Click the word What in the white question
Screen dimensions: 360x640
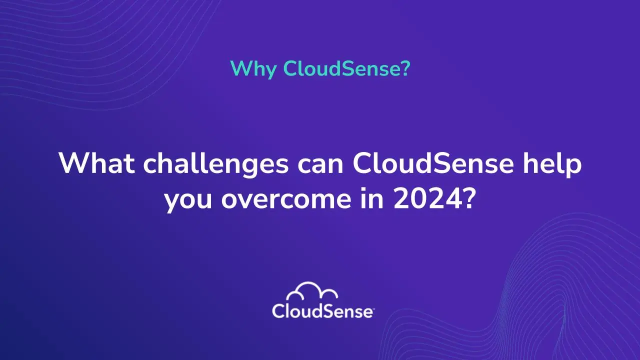pyautogui.click(x=96, y=163)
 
